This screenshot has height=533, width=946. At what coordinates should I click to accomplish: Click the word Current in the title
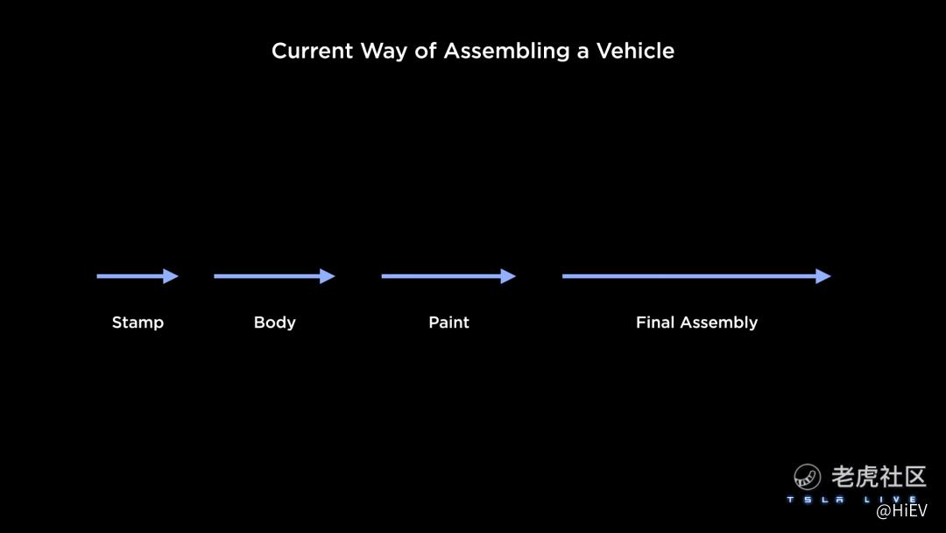point(312,51)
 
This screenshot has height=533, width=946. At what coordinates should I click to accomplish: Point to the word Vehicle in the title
point(635,51)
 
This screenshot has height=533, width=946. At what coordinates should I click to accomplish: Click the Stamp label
point(138,323)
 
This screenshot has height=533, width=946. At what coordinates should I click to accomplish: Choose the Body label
point(274,323)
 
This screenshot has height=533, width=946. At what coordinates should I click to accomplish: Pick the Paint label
point(448,323)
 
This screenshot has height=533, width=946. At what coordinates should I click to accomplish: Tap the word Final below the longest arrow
point(655,323)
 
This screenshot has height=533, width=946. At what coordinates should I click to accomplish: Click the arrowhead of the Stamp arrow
point(172,276)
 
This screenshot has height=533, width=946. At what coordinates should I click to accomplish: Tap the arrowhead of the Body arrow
point(328,276)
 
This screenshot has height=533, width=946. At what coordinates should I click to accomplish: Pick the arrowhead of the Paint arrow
point(509,276)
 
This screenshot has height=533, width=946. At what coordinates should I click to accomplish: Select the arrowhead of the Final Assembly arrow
point(823,276)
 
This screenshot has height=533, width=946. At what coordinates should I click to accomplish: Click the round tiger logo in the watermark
point(807,477)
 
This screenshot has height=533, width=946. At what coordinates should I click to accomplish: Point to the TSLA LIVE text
point(850,500)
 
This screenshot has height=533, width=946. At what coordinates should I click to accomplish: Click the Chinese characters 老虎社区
point(879,476)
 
